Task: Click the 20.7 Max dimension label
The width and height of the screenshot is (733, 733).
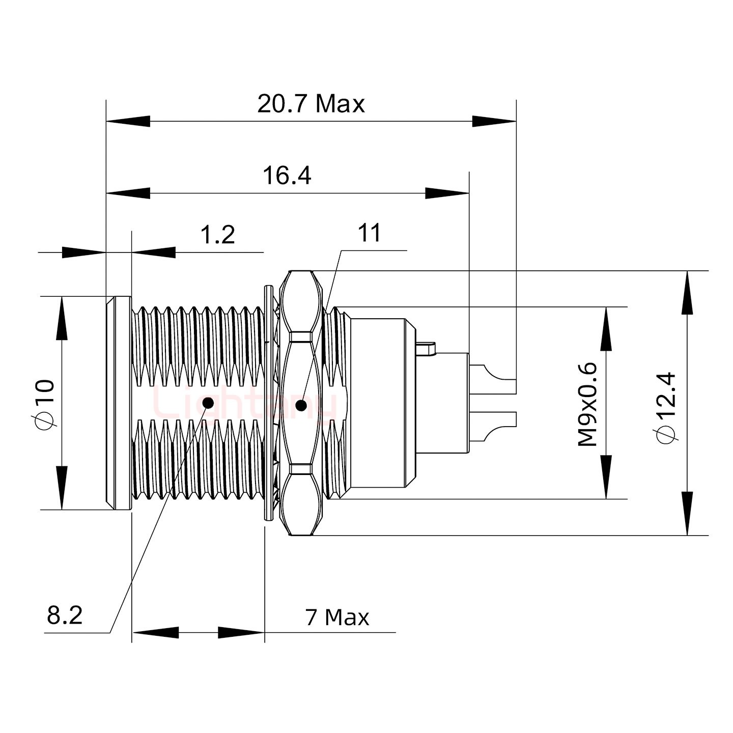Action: click(311, 104)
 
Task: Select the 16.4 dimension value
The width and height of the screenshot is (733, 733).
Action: click(287, 176)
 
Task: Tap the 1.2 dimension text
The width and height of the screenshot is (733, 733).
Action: click(218, 235)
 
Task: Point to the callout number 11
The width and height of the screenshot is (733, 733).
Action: click(370, 233)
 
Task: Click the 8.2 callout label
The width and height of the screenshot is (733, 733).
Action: click(65, 615)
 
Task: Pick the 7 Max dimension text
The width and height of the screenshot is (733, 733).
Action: click(337, 617)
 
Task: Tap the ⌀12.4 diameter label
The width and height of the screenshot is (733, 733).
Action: click(666, 407)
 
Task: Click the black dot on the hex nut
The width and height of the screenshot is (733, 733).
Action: click(301, 406)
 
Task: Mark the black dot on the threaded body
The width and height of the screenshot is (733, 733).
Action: click(208, 403)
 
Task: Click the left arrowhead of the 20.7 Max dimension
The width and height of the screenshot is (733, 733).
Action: click(127, 122)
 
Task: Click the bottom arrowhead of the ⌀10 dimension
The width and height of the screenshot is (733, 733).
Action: click(62, 489)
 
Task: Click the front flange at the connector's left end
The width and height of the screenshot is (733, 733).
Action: click(119, 403)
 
